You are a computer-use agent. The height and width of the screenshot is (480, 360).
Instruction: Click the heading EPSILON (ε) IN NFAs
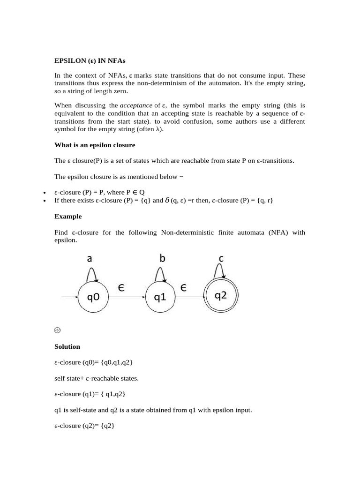pos(90,61)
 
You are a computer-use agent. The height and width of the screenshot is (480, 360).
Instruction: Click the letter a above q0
pos(90,258)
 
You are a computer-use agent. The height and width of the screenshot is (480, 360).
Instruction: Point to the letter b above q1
pos(163,258)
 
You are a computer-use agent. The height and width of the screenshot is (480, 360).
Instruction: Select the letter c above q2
pos(221,258)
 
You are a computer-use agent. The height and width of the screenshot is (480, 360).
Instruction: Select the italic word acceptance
pos(136,105)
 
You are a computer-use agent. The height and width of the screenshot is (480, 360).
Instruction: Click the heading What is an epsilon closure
pos(95,145)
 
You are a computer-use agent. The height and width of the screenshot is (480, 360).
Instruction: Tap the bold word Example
pos(68,217)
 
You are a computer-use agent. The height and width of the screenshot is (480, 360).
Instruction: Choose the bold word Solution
pos(67,346)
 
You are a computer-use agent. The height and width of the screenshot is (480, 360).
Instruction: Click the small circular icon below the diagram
pos(58,330)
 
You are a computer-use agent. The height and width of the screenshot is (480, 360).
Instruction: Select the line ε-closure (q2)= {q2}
pos(84,426)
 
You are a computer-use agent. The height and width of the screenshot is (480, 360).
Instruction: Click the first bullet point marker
pos(44,193)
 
